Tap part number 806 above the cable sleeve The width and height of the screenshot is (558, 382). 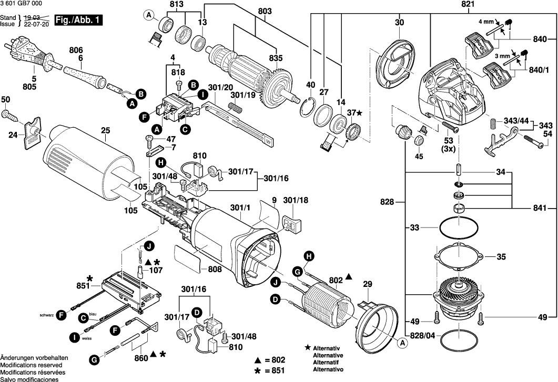(76, 49)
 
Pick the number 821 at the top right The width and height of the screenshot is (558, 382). (439, 4)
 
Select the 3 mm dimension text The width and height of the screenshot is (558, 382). (503, 55)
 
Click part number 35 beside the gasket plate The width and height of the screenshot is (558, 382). (501, 257)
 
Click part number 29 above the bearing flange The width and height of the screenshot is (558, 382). (368, 285)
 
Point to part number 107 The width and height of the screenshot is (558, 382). (156, 271)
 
